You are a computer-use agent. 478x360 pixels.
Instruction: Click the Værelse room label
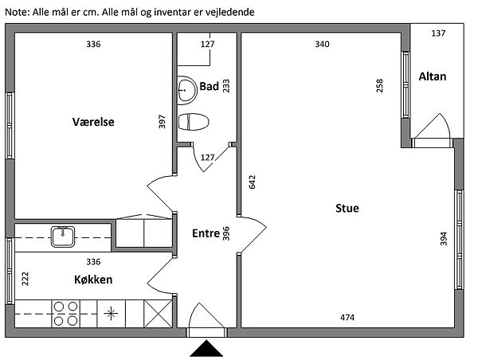(x=93, y=122)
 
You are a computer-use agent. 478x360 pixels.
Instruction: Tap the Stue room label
(x=347, y=208)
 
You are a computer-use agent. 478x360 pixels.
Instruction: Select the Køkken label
(x=93, y=280)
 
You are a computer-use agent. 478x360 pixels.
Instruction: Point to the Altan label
(x=433, y=76)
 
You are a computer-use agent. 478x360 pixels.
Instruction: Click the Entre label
(x=206, y=233)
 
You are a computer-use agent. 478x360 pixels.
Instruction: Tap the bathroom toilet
(x=194, y=122)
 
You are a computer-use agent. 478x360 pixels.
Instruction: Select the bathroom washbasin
(x=187, y=90)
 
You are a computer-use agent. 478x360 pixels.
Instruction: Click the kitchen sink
(x=63, y=237)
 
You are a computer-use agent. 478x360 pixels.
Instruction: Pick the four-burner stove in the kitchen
(x=65, y=314)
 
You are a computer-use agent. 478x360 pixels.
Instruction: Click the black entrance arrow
(x=206, y=348)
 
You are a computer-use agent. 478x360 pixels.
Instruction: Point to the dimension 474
(x=347, y=318)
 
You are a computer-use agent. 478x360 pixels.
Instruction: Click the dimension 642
(x=253, y=182)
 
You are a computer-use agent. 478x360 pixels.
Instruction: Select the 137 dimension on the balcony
(x=438, y=33)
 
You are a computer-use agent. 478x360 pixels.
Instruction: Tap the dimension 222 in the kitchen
(x=25, y=279)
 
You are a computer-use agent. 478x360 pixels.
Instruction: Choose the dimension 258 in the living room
(x=379, y=86)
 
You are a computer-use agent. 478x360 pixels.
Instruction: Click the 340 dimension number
(x=322, y=44)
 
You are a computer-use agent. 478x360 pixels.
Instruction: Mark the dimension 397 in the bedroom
(x=163, y=121)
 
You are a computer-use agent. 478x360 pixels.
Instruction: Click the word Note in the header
(x=17, y=12)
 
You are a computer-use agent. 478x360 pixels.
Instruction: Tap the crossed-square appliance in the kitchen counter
(x=158, y=314)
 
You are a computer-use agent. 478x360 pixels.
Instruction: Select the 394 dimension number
(x=444, y=239)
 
